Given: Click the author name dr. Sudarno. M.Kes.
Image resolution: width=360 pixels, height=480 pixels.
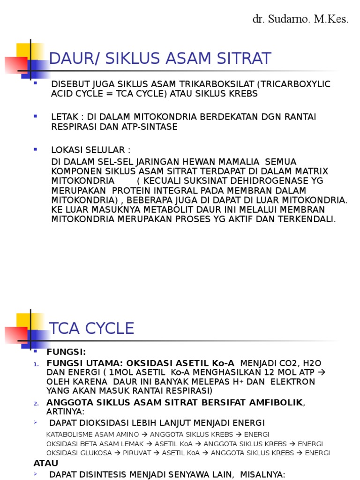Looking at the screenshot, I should coord(300,19).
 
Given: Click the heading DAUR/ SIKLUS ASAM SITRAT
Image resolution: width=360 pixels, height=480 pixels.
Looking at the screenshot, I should coord(160,59).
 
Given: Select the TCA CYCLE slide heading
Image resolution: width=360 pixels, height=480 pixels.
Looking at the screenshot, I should coord(92,328).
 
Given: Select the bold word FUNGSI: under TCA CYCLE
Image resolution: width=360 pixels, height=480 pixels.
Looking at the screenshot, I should coord(66,352).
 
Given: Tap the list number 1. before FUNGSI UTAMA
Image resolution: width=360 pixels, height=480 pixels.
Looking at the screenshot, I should coord(37,364).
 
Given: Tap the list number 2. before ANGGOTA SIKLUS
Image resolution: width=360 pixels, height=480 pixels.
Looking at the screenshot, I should coord(37,403).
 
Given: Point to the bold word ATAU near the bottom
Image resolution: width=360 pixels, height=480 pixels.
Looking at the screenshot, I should coord(46,463).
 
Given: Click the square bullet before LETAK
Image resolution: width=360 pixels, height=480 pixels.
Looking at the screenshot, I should coord(36,115).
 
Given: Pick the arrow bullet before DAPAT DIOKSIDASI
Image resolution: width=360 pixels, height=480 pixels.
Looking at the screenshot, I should coord(36,422).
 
